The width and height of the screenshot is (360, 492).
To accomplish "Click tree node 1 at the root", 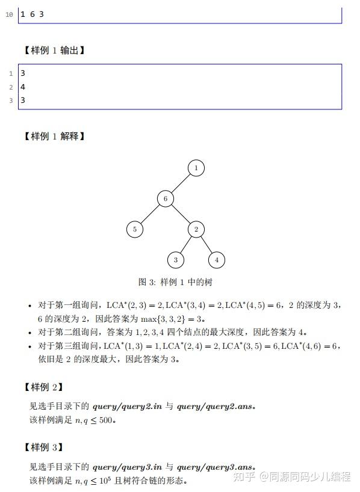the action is [x=196, y=168].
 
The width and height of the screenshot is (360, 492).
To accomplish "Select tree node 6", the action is [x=166, y=198].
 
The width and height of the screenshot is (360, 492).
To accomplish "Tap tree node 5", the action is [x=135, y=229].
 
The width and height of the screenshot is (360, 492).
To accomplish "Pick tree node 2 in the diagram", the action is [x=196, y=229].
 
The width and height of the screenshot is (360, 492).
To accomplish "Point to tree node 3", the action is [x=176, y=260].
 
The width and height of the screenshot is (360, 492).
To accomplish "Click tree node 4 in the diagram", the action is [x=216, y=260].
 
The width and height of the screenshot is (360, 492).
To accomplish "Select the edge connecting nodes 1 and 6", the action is [x=181, y=183].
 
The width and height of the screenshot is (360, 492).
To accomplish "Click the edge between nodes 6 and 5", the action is [x=151, y=214].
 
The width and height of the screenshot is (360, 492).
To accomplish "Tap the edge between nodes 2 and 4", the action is [x=206, y=244].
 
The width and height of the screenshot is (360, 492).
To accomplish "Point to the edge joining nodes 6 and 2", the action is [x=181, y=214].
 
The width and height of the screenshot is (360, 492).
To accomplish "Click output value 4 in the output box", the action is [x=23, y=87].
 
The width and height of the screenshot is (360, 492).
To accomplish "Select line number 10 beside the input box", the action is [x=8, y=14].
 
